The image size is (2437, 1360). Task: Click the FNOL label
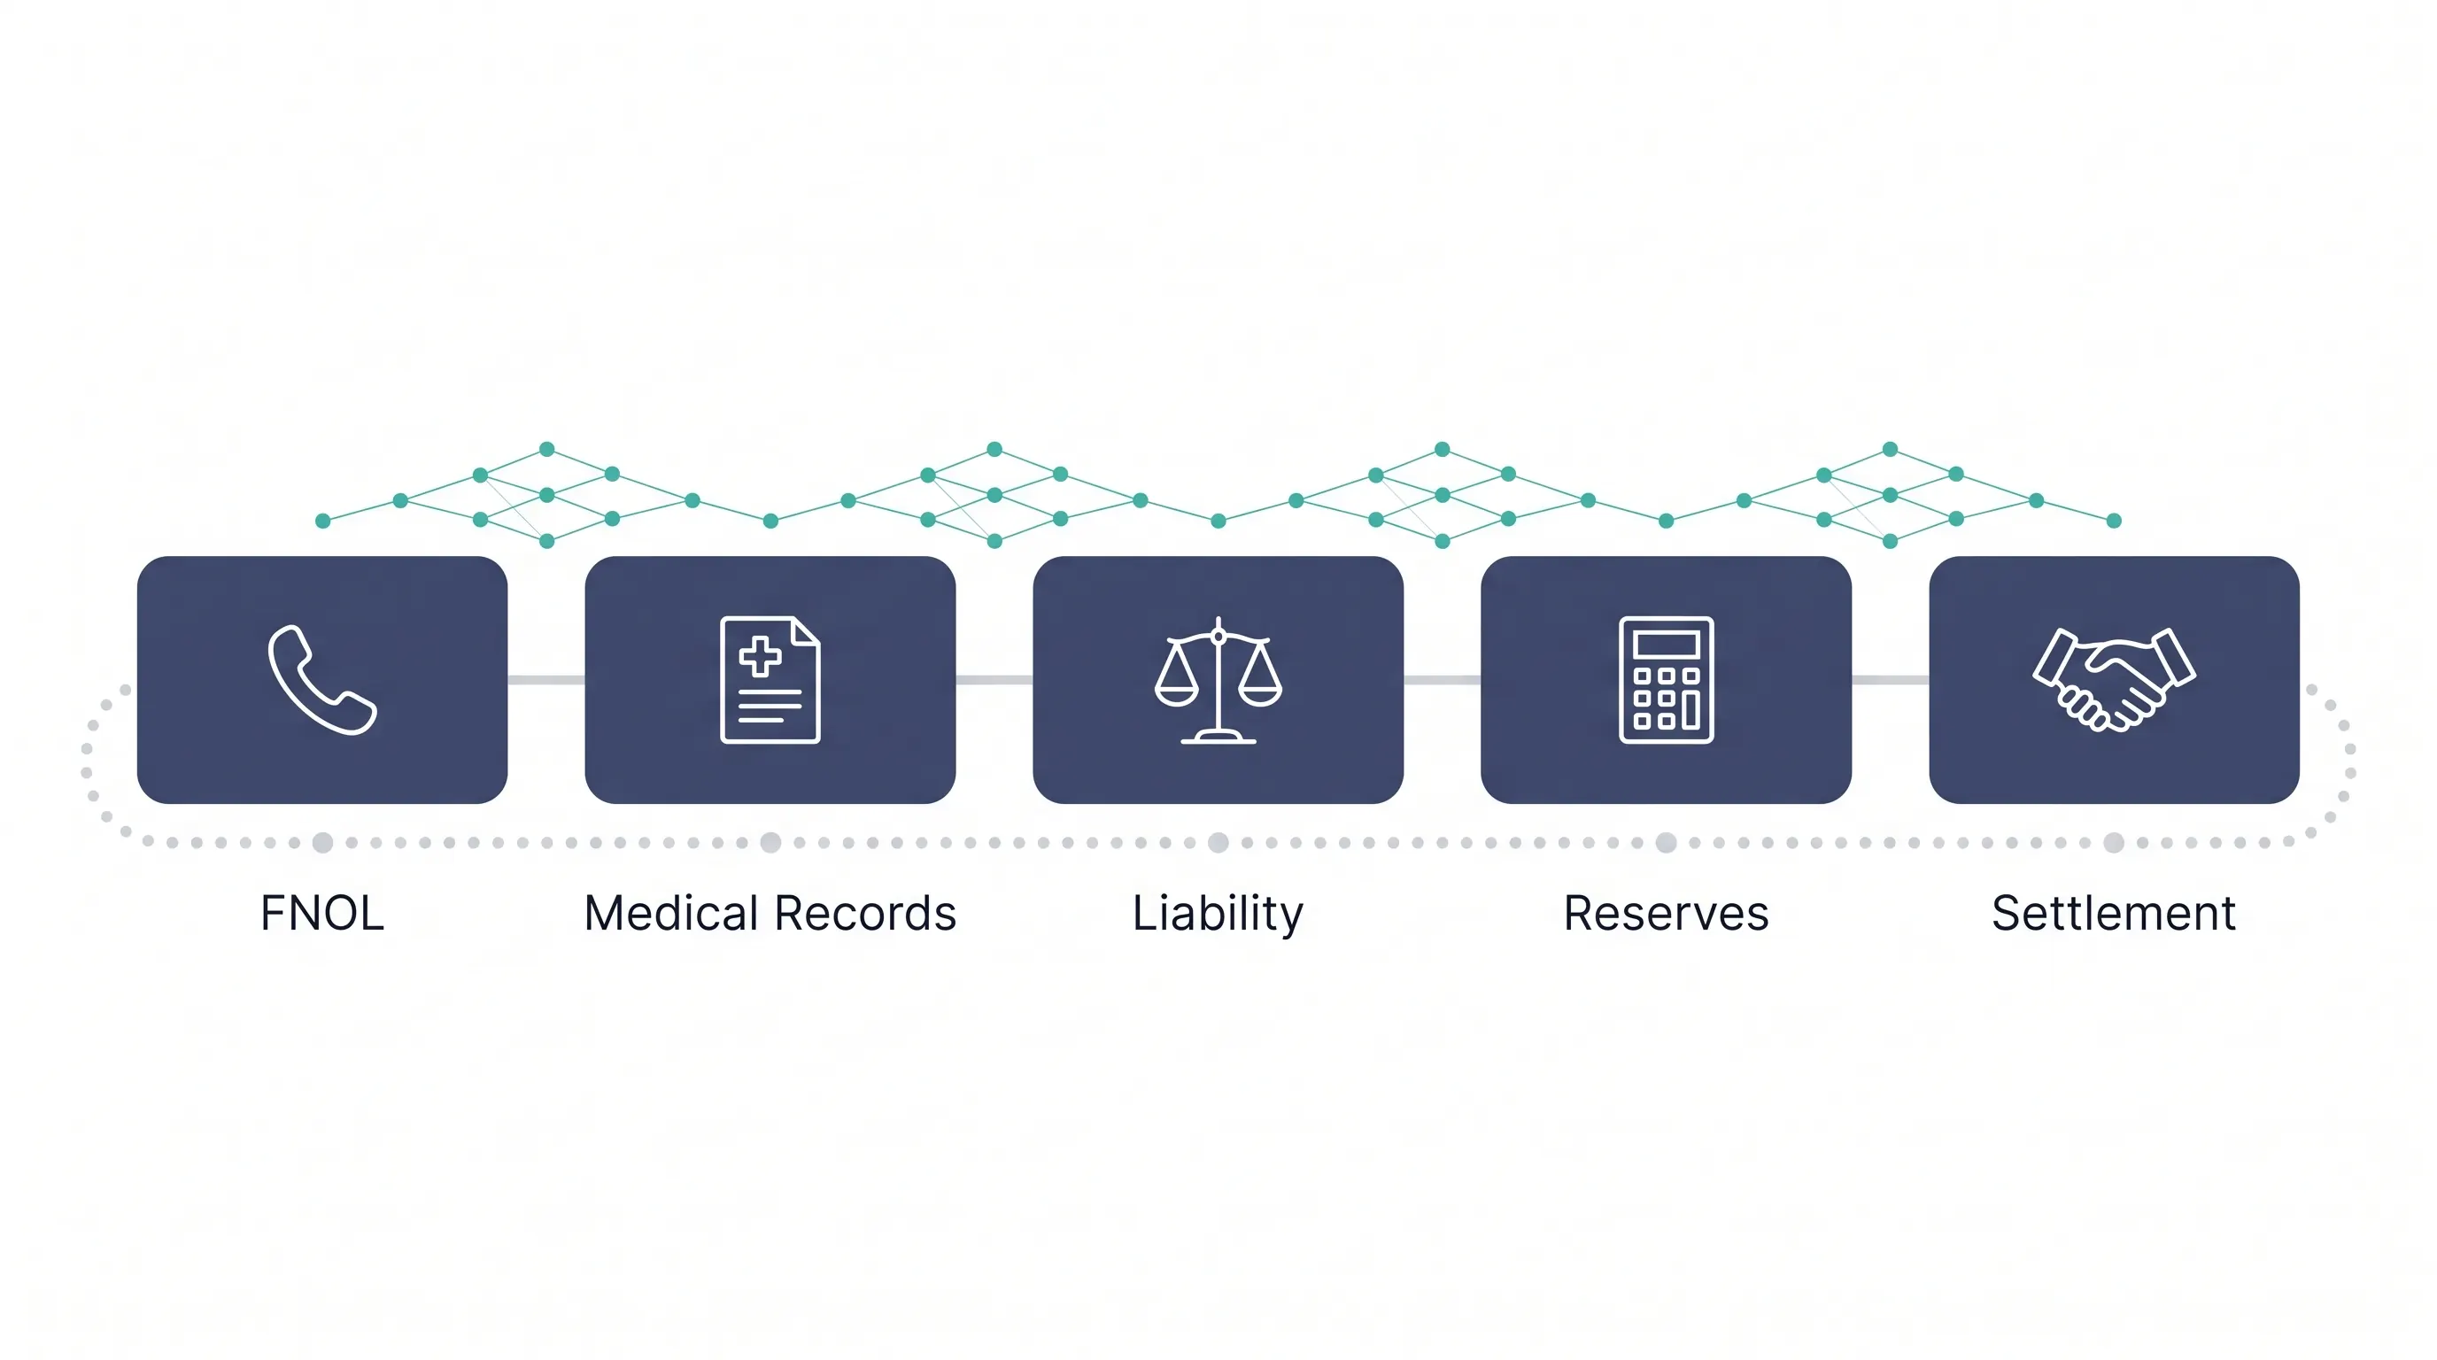point(321,913)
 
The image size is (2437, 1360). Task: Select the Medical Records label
point(770,913)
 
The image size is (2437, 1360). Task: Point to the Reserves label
point(1666,914)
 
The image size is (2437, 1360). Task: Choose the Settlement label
point(2114,913)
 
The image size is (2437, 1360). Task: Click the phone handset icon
point(321,679)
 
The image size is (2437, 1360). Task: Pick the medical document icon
point(770,680)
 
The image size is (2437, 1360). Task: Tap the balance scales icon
point(1218,680)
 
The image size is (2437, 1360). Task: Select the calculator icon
point(1666,680)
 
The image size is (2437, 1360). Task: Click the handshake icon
point(2114,680)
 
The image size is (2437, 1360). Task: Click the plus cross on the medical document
point(760,656)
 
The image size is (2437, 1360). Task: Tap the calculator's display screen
point(1666,644)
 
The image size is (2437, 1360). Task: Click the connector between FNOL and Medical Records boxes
point(545,680)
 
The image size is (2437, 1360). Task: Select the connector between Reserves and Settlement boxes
point(1891,680)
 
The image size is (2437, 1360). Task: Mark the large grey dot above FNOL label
point(322,843)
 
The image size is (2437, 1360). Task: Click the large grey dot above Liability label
point(1218,843)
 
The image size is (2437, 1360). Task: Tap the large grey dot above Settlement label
point(2114,843)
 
